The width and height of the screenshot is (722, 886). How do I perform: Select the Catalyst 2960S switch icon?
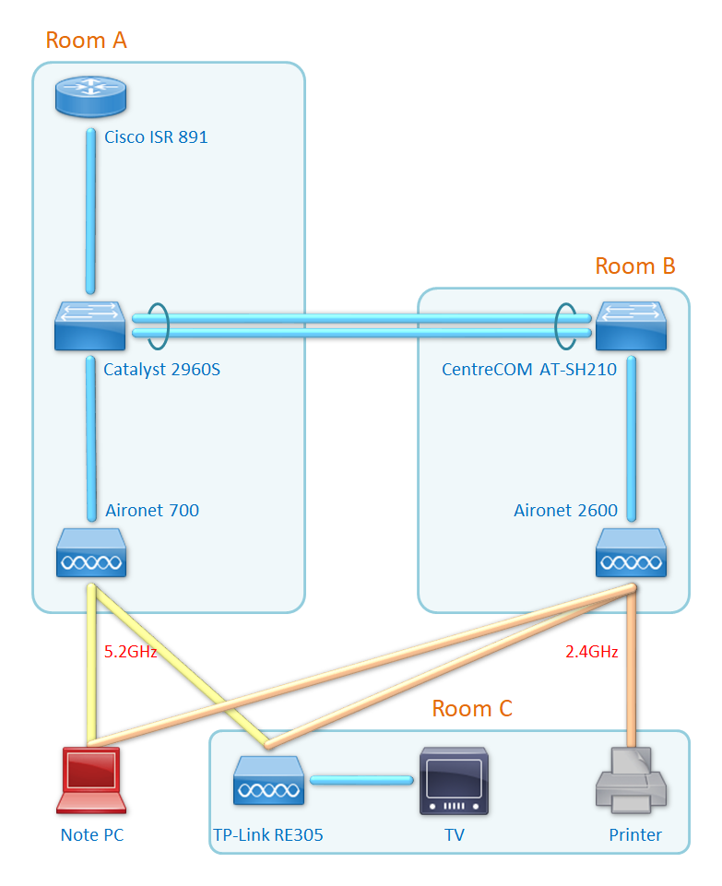click(x=89, y=325)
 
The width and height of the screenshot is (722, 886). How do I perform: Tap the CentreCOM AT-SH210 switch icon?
click(x=631, y=325)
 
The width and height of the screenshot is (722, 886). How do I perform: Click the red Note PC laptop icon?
click(x=89, y=781)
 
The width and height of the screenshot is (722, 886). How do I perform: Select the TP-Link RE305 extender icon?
click(x=267, y=781)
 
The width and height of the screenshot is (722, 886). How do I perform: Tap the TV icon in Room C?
click(x=454, y=782)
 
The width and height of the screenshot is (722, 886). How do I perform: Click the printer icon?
click(x=631, y=781)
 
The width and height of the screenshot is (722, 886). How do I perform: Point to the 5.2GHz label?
click(x=130, y=652)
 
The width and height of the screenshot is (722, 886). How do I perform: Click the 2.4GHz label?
click(x=591, y=652)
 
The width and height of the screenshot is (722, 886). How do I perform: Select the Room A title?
click(x=86, y=41)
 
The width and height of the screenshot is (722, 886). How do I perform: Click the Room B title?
click(x=635, y=266)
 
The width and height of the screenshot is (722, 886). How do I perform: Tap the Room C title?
click(x=472, y=709)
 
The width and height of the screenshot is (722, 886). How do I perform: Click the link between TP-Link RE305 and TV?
click(x=361, y=781)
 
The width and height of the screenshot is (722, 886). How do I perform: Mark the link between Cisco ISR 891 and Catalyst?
click(x=90, y=210)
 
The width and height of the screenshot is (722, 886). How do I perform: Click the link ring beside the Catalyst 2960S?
click(x=158, y=325)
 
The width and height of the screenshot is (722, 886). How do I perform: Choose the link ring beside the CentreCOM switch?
click(x=566, y=325)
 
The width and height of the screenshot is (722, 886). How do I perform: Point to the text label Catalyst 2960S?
click(x=162, y=371)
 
